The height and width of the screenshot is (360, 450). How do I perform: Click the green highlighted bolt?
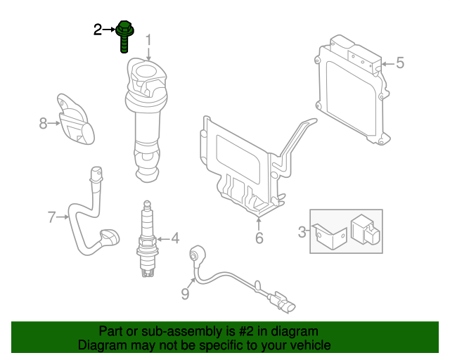coord(124,35)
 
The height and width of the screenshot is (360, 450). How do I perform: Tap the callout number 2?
coord(98,29)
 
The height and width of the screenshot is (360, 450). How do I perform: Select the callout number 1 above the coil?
coord(148,38)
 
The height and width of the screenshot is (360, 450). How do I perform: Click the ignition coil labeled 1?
coord(148,120)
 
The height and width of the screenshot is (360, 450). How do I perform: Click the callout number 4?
coord(174,238)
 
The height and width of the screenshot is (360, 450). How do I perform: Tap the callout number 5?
coord(399,63)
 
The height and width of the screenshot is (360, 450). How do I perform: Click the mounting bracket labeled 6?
coord(246,169)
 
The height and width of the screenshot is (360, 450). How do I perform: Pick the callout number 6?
coord(259,239)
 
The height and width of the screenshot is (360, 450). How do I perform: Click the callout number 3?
coord(302,231)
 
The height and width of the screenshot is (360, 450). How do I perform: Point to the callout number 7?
coord(51,217)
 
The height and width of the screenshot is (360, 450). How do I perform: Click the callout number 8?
coord(43,124)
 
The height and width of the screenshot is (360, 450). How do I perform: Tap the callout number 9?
coord(185,294)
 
